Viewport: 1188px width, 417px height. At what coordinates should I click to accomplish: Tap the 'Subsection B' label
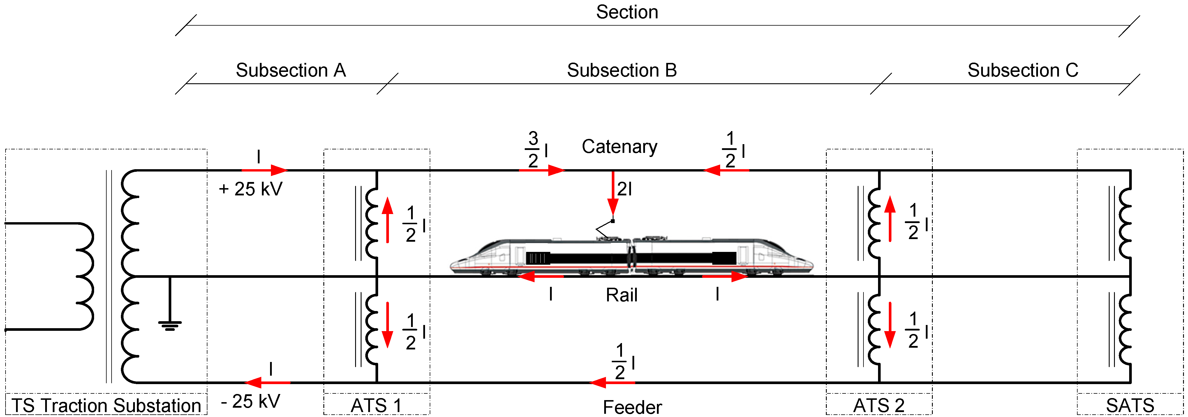click(x=622, y=70)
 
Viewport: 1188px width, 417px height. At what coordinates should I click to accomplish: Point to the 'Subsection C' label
click(x=1023, y=70)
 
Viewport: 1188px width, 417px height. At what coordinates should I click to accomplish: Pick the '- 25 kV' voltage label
click(x=251, y=401)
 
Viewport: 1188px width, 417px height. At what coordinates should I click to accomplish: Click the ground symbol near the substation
click(x=170, y=325)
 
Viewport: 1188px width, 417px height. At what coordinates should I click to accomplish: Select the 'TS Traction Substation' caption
click(x=106, y=405)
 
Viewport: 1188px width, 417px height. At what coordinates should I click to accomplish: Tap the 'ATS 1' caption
click(x=376, y=405)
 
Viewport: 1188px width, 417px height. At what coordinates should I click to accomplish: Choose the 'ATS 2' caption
click(x=879, y=405)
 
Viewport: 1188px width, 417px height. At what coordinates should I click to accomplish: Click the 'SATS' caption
click(x=1130, y=405)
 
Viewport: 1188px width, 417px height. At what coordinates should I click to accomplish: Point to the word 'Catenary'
click(x=619, y=146)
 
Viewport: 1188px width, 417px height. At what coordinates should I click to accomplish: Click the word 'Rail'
click(x=621, y=295)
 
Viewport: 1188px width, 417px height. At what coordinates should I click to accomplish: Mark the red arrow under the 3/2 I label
click(x=542, y=170)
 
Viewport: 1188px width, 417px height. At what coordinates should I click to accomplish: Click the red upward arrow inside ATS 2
click(x=890, y=219)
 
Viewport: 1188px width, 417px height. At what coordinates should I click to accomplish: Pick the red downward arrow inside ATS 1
click(x=387, y=325)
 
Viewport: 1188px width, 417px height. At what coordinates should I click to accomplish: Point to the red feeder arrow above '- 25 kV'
click(x=267, y=382)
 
